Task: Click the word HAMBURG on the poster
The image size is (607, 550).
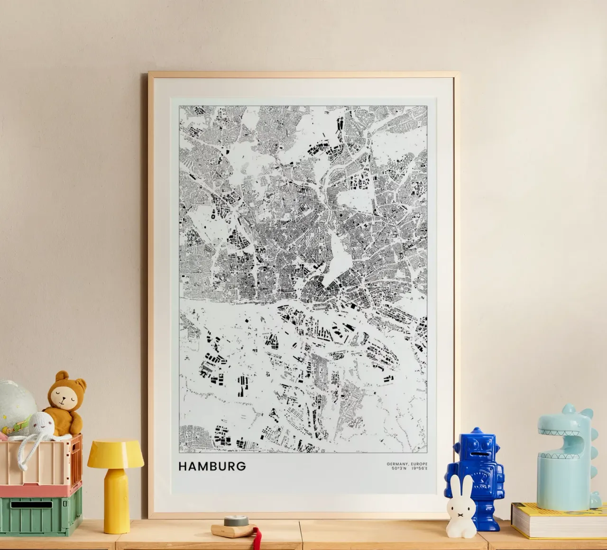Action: [x=212, y=466]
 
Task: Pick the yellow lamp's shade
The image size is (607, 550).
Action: [x=116, y=454]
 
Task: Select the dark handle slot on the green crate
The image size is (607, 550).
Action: [x=31, y=505]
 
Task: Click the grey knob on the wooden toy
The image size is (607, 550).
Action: [x=231, y=521]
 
